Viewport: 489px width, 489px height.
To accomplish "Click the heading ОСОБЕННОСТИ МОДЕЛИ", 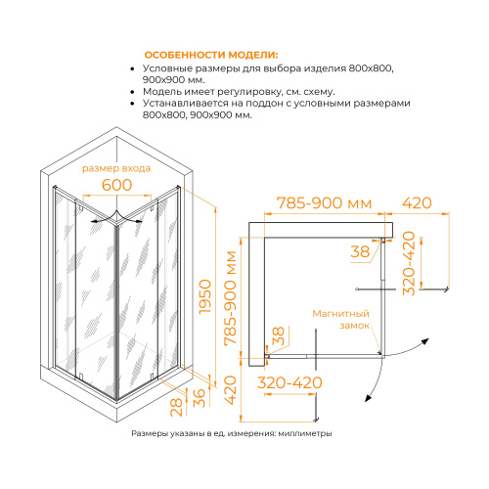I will point(210,54).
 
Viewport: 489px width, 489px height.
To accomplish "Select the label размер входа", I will point(116,169).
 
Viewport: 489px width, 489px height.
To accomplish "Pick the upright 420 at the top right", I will point(417,203).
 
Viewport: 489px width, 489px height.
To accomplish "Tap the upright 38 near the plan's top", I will point(361,251).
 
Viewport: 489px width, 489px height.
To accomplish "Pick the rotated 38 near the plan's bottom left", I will point(277,338).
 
